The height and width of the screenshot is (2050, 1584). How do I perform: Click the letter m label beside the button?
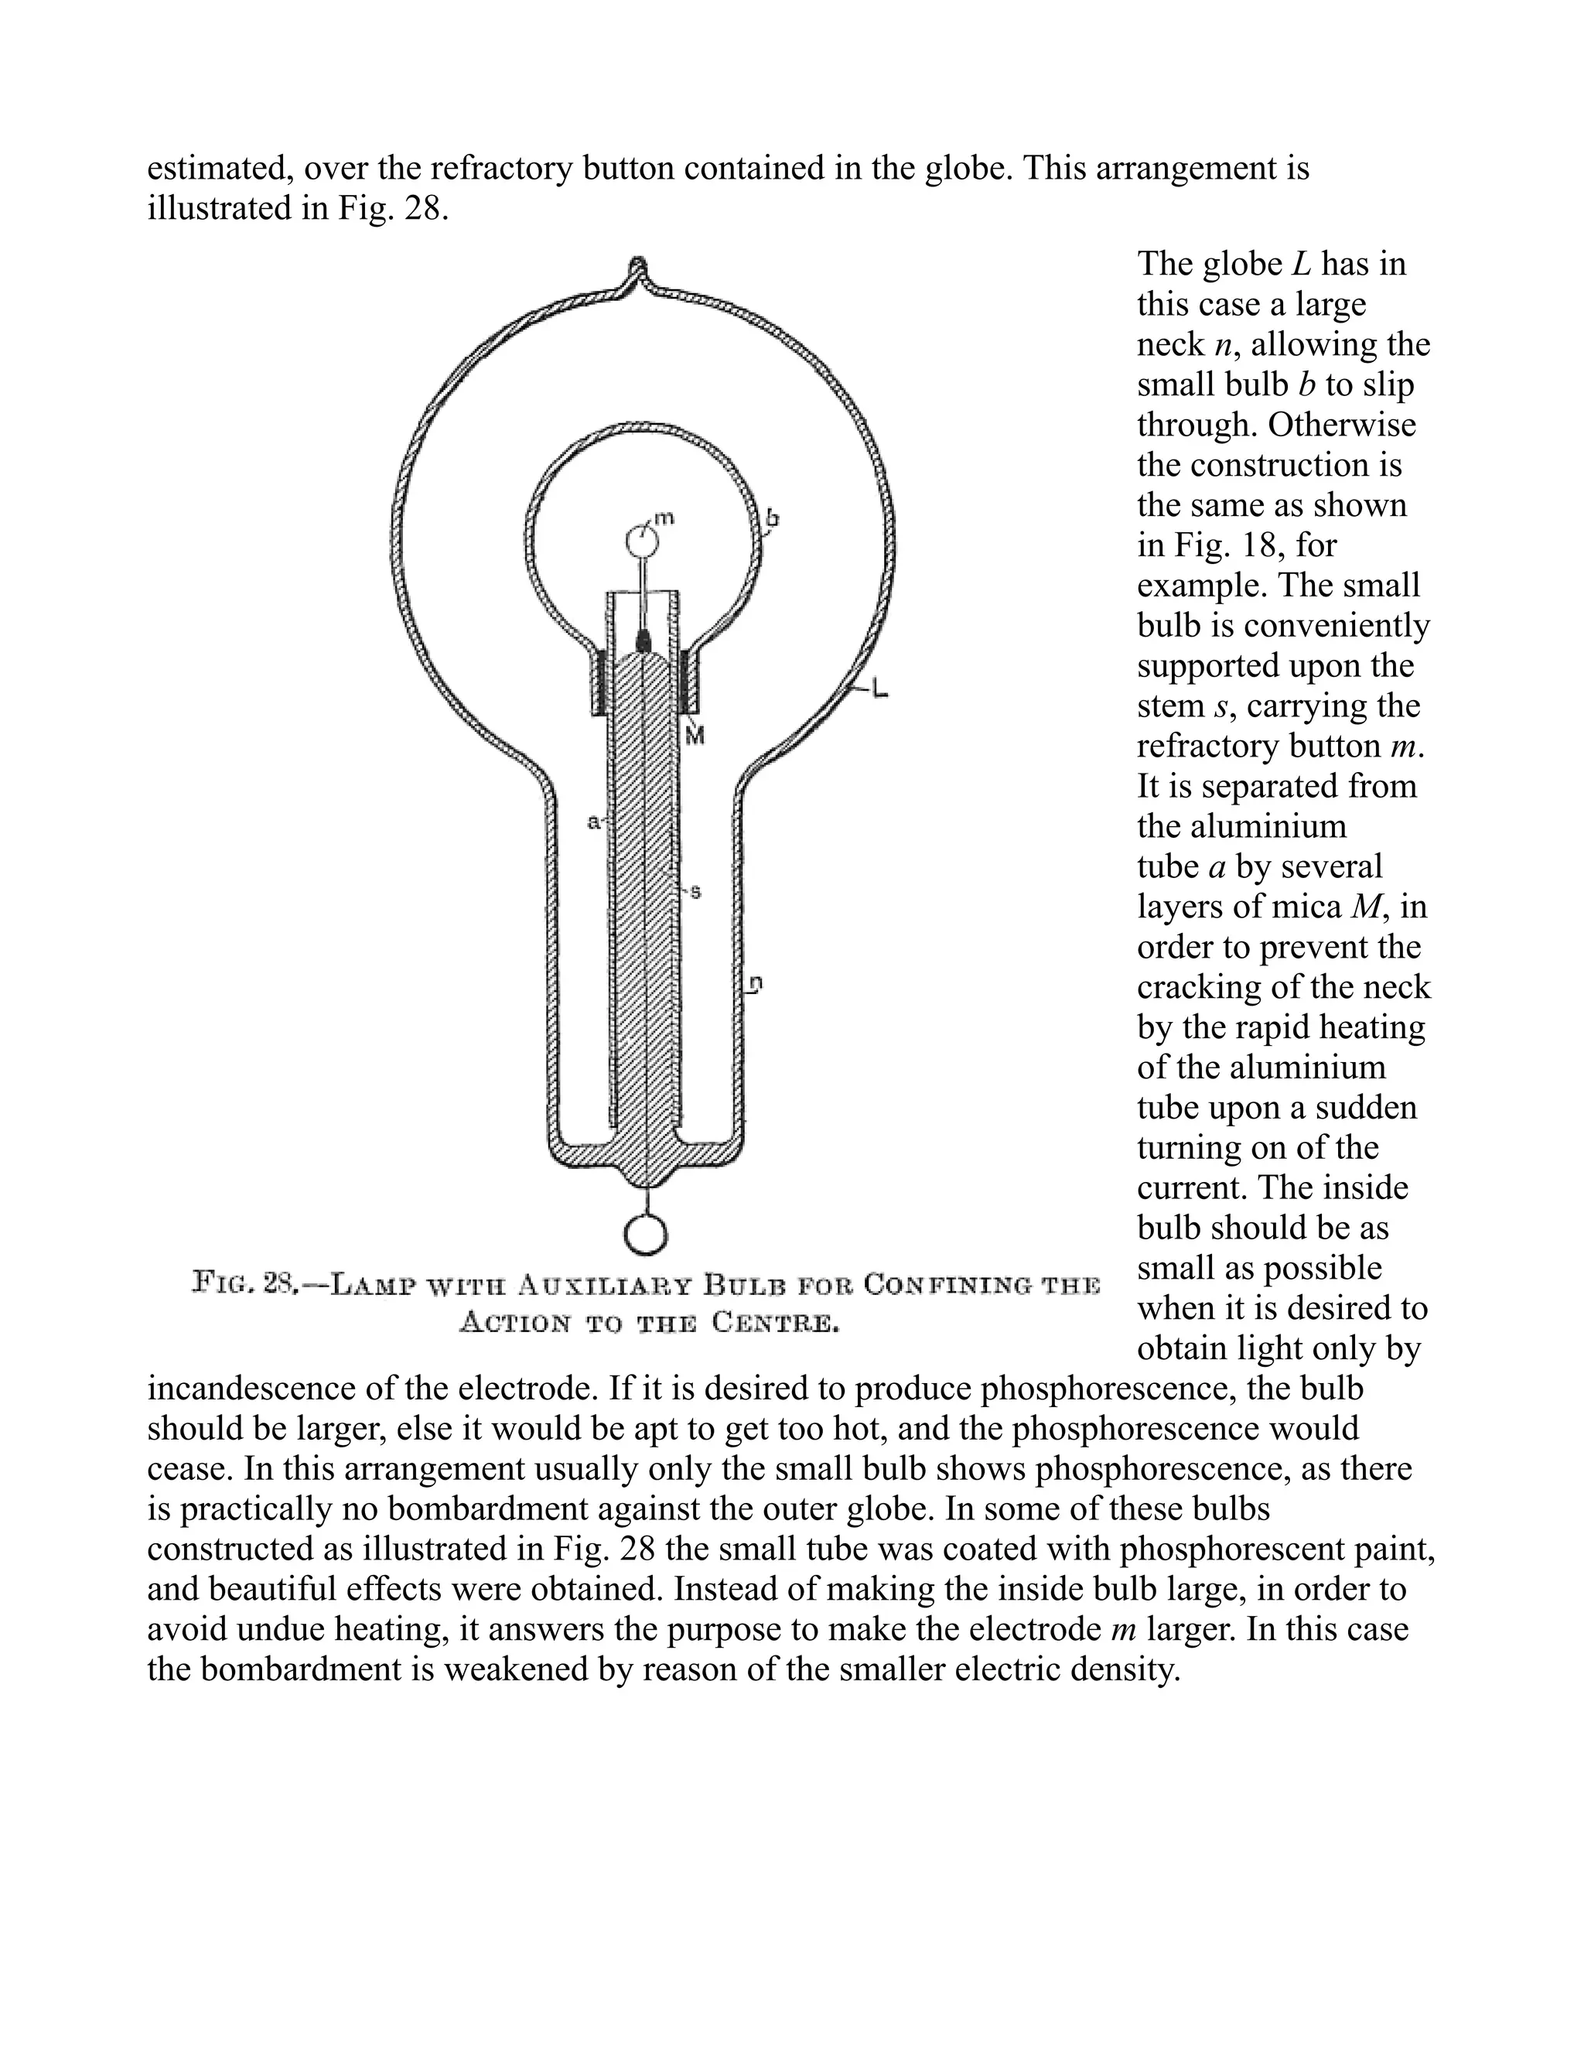click(x=664, y=518)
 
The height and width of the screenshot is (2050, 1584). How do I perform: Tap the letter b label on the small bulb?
click(x=773, y=518)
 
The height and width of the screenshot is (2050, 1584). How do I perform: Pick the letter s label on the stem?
click(x=695, y=892)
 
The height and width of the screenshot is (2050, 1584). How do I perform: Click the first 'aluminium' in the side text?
click(x=1241, y=826)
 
